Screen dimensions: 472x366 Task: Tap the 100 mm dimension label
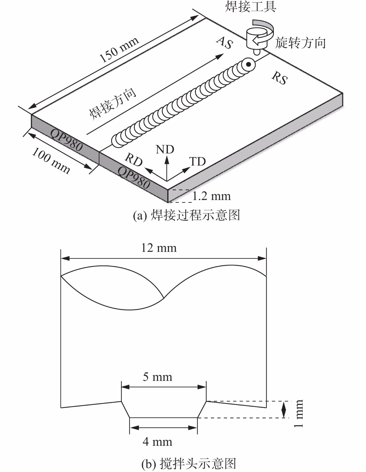(x=51, y=161)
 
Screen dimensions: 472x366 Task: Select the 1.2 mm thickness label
(x=211, y=196)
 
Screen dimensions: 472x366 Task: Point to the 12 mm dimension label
(x=159, y=248)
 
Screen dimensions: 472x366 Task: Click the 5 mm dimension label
(x=157, y=377)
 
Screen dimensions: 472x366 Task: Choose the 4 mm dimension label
(x=157, y=442)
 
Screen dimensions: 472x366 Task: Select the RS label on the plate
(x=280, y=78)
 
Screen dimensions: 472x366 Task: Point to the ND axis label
(x=165, y=150)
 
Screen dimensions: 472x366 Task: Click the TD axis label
(x=197, y=162)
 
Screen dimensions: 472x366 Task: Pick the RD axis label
(x=134, y=160)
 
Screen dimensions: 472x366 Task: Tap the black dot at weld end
(x=248, y=64)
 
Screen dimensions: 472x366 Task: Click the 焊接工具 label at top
(x=251, y=6)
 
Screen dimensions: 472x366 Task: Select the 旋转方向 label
(x=300, y=43)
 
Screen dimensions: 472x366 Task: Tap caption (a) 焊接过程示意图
(x=186, y=215)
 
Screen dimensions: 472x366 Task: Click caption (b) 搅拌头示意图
(x=189, y=463)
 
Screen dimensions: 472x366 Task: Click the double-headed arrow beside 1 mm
(x=284, y=409)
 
